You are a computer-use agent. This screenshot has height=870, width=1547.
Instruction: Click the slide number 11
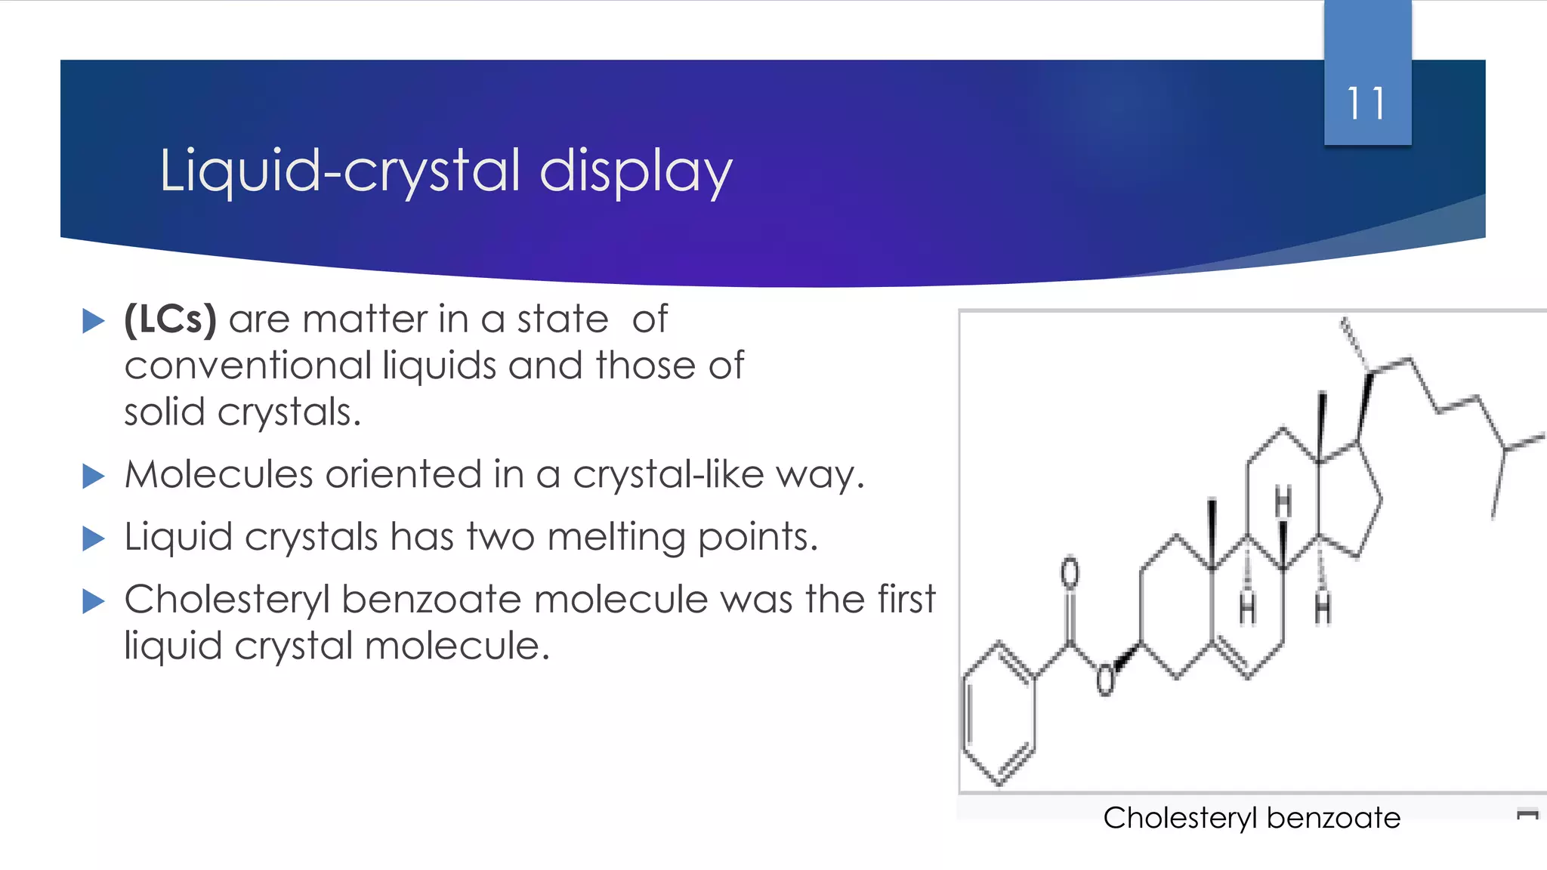point(1366,103)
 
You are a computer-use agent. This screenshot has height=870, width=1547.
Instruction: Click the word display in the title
point(635,171)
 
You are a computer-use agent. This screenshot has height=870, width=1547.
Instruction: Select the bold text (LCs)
point(171,319)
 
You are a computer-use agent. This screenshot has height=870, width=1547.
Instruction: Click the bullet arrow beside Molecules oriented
point(93,477)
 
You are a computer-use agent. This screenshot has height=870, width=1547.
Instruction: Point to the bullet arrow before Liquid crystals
point(93,538)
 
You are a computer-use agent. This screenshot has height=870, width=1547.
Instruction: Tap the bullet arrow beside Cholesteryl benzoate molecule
point(93,601)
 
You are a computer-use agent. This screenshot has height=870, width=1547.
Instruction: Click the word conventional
point(248,366)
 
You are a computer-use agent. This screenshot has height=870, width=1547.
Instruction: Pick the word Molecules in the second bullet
point(218,475)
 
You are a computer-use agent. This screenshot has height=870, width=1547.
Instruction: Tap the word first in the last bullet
point(906,600)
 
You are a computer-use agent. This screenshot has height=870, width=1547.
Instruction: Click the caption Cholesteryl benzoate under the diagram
point(1252,818)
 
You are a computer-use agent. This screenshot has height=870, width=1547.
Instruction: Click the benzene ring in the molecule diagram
point(998,714)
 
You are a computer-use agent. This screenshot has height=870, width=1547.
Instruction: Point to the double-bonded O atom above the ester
point(1070,572)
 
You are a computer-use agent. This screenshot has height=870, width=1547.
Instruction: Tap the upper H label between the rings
point(1283,501)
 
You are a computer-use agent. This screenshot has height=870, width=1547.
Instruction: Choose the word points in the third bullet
point(757,537)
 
